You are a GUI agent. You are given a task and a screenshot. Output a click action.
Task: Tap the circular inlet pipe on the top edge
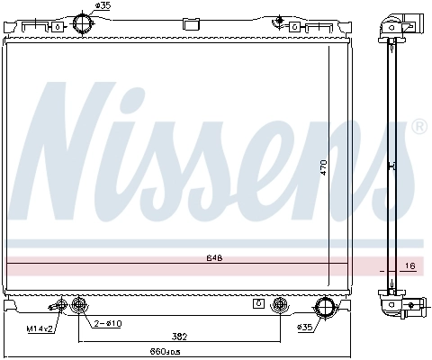pyautogui.click(x=83, y=23)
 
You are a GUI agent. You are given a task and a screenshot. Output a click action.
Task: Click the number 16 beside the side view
pyautogui.click(x=410, y=267)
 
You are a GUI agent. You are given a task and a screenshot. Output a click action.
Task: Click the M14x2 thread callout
pyautogui.click(x=39, y=329)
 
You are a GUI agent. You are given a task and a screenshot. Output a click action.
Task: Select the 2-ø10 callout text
pyautogui.click(x=107, y=322)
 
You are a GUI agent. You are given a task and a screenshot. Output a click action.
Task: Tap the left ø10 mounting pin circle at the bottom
pyautogui.click(x=78, y=304)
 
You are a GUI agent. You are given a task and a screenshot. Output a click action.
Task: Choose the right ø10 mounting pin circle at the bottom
pyautogui.click(x=280, y=304)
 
